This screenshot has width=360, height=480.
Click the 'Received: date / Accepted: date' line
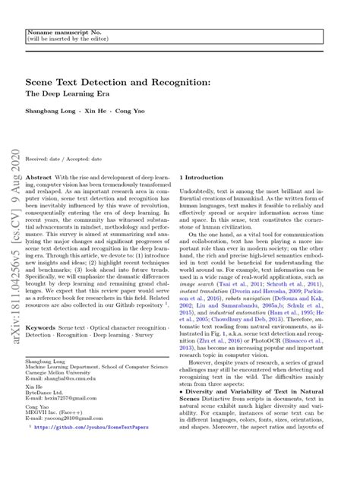click(x=64, y=159)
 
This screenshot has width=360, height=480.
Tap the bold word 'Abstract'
click(x=39, y=176)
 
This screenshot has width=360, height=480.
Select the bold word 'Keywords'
click(x=40, y=327)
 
